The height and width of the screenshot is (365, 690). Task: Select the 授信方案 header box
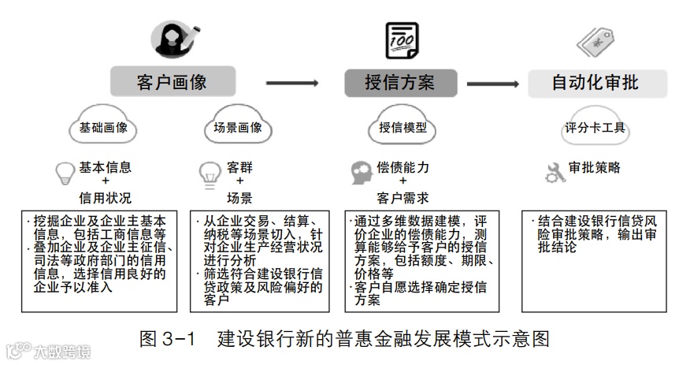pos(399,82)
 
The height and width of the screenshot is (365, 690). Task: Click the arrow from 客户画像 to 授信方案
pos(291,82)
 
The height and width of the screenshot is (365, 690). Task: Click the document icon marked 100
pos(402,39)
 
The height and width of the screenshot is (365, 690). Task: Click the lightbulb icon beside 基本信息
pos(63,172)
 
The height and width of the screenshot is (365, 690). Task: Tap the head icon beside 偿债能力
pos(362,171)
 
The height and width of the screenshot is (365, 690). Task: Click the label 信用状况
pos(105,196)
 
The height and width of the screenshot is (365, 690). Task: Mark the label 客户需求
pos(403,196)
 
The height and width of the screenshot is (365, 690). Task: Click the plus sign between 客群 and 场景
pos(239,182)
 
